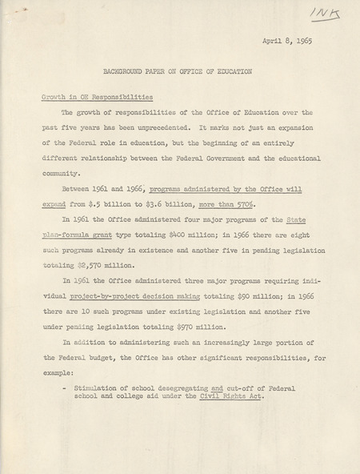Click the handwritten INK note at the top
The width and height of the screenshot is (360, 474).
[x=327, y=14]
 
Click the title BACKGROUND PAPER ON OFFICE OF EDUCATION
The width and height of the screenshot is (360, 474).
[x=177, y=71]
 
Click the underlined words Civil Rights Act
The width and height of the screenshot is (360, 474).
[x=231, y=397]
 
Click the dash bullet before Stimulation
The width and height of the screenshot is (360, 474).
[x=63, y=388]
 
